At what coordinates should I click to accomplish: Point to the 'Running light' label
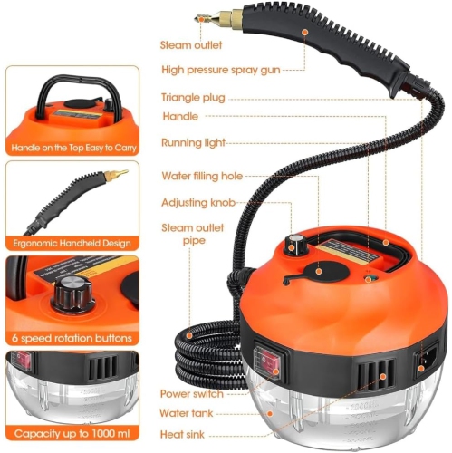(x=193, y=142)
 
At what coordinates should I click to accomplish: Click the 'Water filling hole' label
(x=202, y=176)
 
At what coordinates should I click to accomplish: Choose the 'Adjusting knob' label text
(x=197, y=202)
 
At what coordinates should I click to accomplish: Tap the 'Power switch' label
(x=192, y=394)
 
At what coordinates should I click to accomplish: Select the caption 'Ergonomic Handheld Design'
(x=70, y=243)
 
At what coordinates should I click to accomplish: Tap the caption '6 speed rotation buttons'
(x=70, y=338)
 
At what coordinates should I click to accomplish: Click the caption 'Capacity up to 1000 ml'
(x=70, y=434)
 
